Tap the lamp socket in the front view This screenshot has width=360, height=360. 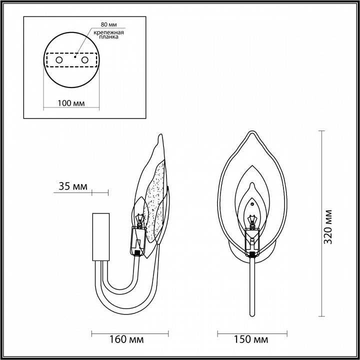253,242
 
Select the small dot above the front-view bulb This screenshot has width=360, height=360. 253,203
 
